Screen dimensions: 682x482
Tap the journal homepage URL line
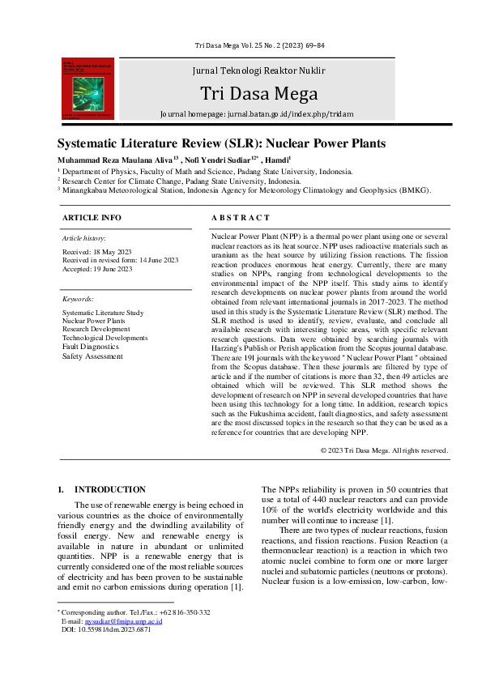pos(257,114)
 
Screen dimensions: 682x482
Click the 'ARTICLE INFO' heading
pos(92,218)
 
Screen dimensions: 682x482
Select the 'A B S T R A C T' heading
pos(241,218)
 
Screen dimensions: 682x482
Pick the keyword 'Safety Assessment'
pos(92,356)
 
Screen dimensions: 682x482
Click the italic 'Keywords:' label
pos(78,299)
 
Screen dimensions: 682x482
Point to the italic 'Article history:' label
pos(84,238)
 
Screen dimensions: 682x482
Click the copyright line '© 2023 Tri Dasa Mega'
pos(383,450)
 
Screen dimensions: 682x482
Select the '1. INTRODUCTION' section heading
pos(101,490)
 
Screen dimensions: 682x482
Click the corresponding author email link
pos(130,620)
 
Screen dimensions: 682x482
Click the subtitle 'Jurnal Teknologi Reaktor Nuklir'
pos(258,70)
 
